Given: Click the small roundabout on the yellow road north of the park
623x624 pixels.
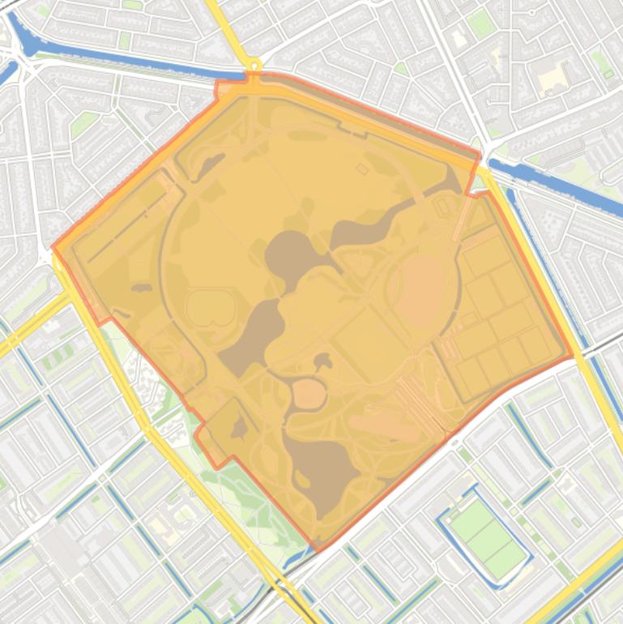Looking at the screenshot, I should pos(254,65).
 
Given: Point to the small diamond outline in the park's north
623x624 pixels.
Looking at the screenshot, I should pos(362,169).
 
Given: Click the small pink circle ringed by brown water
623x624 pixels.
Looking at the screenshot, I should pos(309,394).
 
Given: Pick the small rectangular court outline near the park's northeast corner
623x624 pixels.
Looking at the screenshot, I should pos(443,207).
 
